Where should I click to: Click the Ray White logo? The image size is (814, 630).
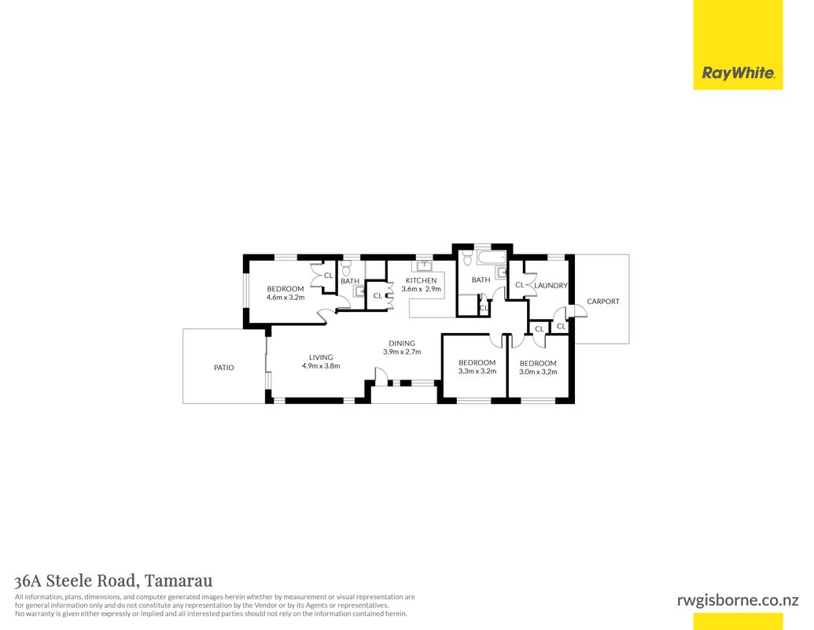tap(738, 73)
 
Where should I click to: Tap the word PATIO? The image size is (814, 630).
tap(223, 368)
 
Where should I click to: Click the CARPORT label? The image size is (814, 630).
tap(602, 301)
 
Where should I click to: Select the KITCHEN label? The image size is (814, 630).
tap(421, 280)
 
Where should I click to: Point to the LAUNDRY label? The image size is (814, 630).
tap(551, 285)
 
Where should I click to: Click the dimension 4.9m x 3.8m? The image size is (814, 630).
tap(321, 366)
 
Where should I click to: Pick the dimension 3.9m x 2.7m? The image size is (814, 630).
tap(402, 352)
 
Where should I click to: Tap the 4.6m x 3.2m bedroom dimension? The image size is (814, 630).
tap(285, 298)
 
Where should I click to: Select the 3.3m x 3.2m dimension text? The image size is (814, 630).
tap(477, 371)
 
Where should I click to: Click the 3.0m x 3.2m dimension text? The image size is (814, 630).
tap(538, 372)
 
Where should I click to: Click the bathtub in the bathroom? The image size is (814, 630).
tap(491, 258)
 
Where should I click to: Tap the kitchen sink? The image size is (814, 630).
tap(424, 265)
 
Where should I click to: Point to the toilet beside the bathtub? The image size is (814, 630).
tap(466, 257)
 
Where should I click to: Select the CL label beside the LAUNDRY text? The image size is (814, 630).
tap(519, 285)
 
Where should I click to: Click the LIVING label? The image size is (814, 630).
tap(321, 358)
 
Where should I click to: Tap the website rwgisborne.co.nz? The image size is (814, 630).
tap(738, 600)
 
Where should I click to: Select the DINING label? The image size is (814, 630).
tap(402, 343)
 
